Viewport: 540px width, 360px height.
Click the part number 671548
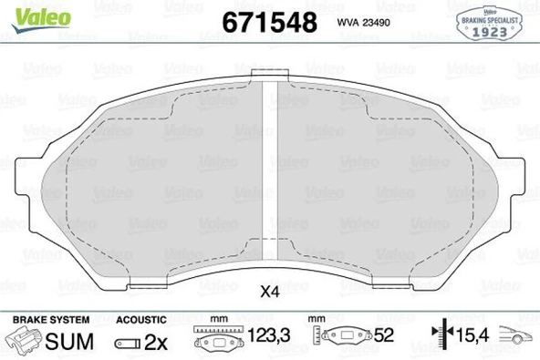(269, 23)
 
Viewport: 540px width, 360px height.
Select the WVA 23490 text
(363, 23)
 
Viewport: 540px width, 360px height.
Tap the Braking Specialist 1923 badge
(489, 24)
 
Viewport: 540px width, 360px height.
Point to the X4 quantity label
(270, 293)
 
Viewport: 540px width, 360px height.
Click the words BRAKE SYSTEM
(51, 320)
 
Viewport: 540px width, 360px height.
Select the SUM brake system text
(69, 341)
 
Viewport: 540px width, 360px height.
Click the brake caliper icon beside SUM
(24, 341)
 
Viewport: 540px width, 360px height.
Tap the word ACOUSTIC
(141, 320)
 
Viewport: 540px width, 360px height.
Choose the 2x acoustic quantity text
(156, 343)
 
